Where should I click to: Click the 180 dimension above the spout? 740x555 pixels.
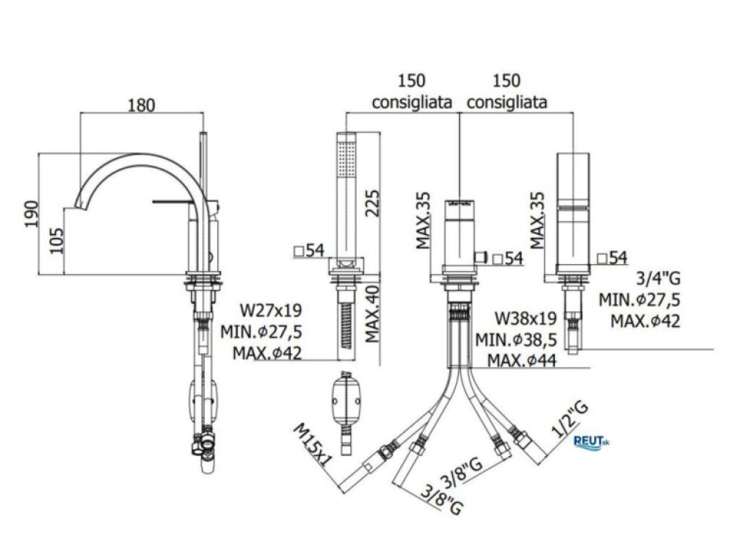pos(142,105)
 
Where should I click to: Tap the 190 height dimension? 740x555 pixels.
pos(32,214)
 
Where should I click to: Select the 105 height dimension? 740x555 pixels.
pos(57,241)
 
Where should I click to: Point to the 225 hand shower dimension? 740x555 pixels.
pos(372,203)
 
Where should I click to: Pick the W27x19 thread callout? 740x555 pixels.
pos(271,310)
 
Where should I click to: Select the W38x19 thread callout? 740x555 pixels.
pos(526,318)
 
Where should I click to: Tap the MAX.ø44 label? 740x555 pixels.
pos(522,361)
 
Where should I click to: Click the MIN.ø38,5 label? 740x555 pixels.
pos(516,339)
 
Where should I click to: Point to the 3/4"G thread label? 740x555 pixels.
pos(658,279)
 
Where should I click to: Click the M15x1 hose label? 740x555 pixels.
pos(310,445)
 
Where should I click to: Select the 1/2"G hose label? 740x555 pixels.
pos(570,420)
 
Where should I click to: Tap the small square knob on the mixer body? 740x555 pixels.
pos(481,257)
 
